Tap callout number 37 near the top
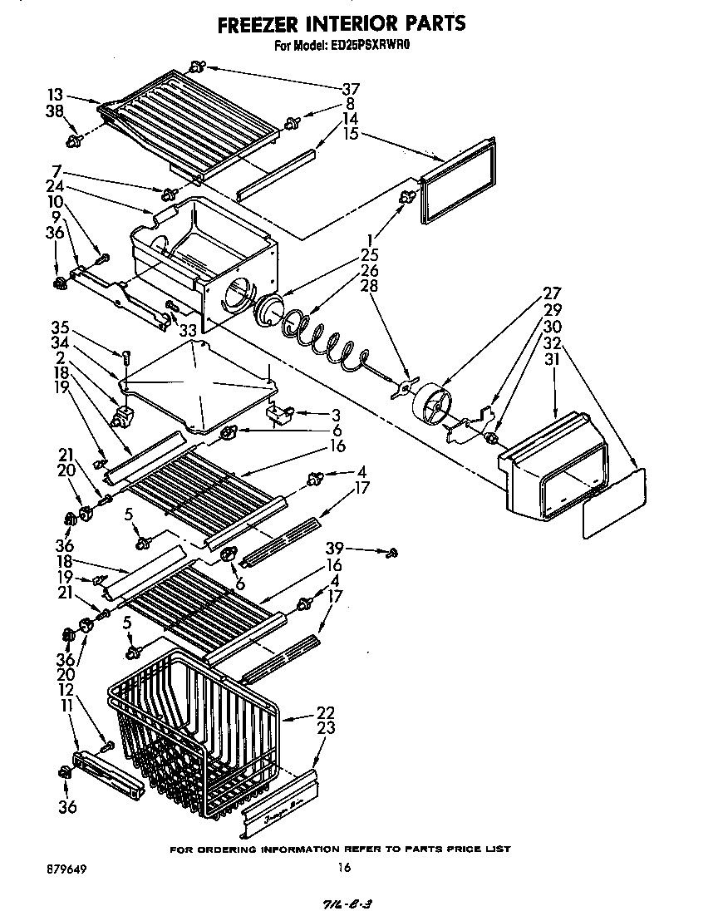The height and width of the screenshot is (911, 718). (351, 90)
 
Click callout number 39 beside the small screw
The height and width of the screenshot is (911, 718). (334, 549)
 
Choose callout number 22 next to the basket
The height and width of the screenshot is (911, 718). (327, 713)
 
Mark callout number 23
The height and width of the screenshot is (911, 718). (327, 728)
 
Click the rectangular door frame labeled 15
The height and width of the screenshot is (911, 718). (458, 181)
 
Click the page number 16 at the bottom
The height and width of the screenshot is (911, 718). (344, 869)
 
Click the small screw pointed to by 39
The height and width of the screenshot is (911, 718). (393, 551)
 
